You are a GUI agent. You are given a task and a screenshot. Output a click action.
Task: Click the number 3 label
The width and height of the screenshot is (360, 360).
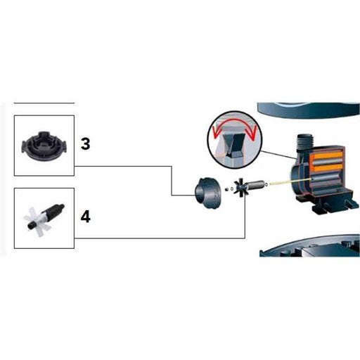pos(85,143)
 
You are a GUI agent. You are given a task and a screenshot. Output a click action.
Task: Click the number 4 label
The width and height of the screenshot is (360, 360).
pos(86,217)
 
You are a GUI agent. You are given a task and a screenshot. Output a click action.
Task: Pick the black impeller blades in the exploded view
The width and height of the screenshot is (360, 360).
pos(240,186)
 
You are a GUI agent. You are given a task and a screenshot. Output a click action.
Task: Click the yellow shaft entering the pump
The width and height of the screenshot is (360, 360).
pos(290,181)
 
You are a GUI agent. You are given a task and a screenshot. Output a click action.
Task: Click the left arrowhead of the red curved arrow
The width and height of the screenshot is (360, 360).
pos(215,133)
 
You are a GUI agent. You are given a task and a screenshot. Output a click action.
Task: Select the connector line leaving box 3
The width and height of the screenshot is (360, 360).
pos(172,181)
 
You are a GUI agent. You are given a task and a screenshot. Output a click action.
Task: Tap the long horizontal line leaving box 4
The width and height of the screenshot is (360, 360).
pos(160,238)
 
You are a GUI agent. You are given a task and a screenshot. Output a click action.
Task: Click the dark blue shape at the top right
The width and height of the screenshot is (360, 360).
pos(309,110)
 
